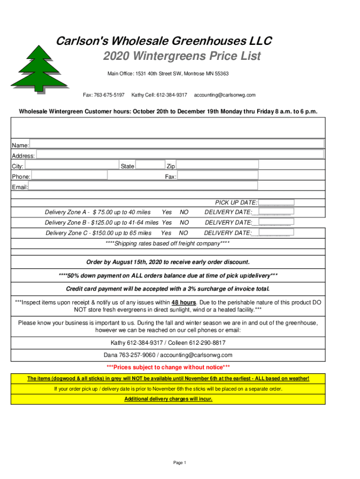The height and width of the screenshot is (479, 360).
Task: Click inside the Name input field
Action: point(177,144)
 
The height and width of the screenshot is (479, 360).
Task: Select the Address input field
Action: point(180,154)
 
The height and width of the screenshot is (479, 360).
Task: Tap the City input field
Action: point(72,165)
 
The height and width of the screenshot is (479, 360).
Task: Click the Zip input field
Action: point(217,165)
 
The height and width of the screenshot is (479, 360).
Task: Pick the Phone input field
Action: point(69,175)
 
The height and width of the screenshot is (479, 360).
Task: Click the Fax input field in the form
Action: point(217,175)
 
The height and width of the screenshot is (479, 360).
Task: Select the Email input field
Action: point(176,186)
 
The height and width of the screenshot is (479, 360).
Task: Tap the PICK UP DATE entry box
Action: point(276,203)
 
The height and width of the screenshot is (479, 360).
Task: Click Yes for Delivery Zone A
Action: point(166,212)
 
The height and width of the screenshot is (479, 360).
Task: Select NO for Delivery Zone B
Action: point(184,223)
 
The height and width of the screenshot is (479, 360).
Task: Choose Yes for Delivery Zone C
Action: point(166,233)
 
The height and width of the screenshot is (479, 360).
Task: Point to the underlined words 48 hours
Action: point(184,302)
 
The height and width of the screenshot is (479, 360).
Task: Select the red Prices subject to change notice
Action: point(168,367)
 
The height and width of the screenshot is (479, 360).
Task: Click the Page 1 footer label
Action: point(180,463)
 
